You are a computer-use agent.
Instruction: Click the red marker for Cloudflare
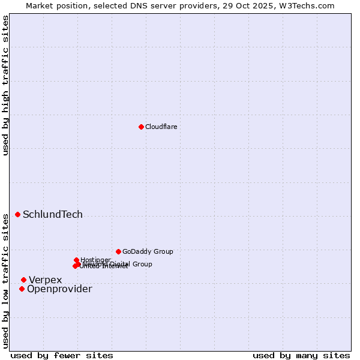[x=141, y=127]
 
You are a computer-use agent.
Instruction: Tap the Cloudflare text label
[x=161, y=127]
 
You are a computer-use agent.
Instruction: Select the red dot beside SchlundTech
[x=17, y=214]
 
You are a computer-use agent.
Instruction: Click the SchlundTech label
[x=53, y=215]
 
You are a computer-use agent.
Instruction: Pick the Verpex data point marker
[x=23, y=280]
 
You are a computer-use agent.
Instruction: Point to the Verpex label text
[x=46, y=280]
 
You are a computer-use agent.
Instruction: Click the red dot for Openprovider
[x=22, y=289]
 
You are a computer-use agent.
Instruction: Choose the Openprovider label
[x=59, y=289]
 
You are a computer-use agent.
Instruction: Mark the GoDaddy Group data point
[x=118, y=251]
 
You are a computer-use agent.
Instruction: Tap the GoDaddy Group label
[x=148, y=251]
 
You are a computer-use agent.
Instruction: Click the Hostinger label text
[x=95, y=260]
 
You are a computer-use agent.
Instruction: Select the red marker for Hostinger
[x=77, y=260]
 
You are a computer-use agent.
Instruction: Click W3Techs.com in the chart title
[x=308, y=5]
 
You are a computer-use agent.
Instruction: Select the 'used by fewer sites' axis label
[x=62, y=355]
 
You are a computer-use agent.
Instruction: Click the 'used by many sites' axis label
[x=301, y=355]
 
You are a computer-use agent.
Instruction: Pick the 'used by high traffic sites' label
[x=5, y=85]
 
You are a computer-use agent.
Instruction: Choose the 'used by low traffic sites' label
[x=5, y=280]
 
